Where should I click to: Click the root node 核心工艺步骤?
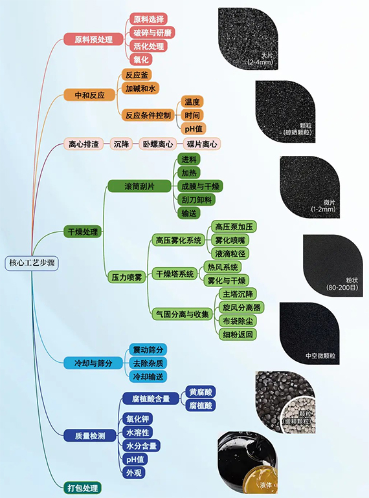[32, 263]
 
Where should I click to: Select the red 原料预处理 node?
[93, 39]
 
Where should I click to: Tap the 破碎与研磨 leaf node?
[152, 33]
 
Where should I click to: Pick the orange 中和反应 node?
[89, 95]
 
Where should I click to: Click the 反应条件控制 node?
[148, 115]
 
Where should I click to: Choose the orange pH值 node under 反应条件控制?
[194, 129]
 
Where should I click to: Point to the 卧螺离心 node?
[158, 144]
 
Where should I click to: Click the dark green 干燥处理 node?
[83, 232]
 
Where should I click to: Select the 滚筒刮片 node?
[140, 186]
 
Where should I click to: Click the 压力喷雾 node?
[127, 277]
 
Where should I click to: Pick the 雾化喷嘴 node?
[230, 241]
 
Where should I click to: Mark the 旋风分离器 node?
[241, 307]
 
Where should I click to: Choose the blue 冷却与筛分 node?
[93, 363]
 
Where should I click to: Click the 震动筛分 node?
[148, 350]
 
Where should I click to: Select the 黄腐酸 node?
[201, 392]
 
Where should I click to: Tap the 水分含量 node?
[141, 446]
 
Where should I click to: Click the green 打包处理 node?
[83, 488]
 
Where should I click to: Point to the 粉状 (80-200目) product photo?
[333, 266]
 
